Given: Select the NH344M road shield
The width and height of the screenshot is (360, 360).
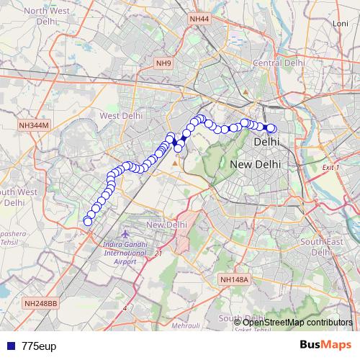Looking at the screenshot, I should (x=34, y=125).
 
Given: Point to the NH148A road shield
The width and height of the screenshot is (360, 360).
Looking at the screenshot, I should (x=234, y=279).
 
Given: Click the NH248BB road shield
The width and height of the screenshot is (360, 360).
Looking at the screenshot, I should (x=41, y=304).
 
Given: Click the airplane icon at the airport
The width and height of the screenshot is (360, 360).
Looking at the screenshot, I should (x=127, y=235).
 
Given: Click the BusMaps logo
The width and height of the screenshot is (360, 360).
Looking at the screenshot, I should (x=325, y=345).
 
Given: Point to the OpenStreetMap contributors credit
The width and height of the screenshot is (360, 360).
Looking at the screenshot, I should (x=297, y=322).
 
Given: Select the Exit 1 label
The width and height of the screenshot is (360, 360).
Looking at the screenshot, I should (x=330, y=167).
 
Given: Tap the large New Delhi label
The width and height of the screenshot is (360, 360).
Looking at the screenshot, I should (x=256, y=165).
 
